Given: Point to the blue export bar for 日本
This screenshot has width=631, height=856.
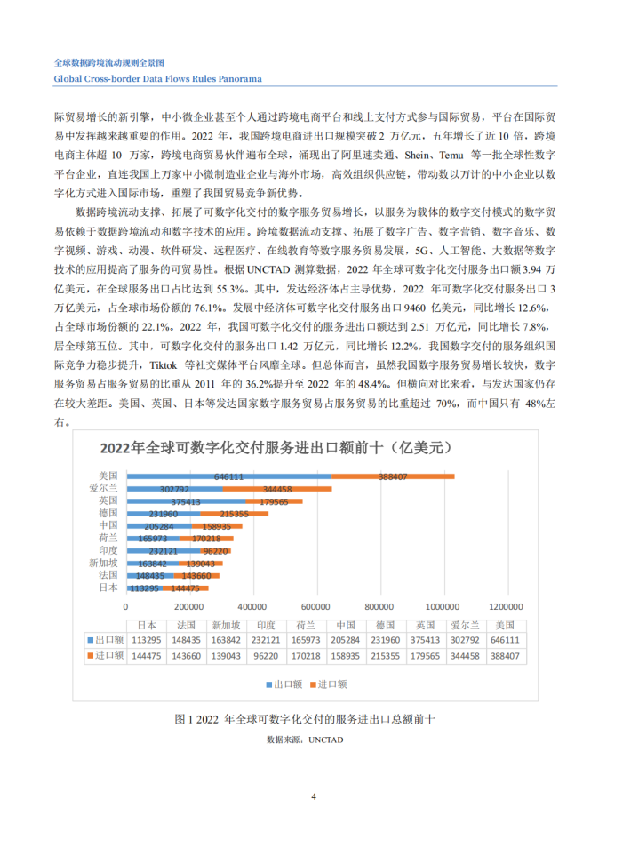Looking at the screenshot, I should click(x=143, y=588).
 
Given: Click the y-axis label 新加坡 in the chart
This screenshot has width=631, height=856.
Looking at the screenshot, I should click(x=103, y=563).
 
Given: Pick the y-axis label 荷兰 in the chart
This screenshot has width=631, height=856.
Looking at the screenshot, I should click(x=108, y=538).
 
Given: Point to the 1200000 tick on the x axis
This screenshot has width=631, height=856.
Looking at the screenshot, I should click(x=508, y=607).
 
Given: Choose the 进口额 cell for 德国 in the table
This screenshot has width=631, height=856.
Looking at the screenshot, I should click(x=386, y=656).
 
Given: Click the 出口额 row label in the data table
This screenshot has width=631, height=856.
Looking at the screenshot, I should click(x=108, y=639).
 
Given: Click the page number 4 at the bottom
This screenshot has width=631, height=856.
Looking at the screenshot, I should click(x=314, y=796).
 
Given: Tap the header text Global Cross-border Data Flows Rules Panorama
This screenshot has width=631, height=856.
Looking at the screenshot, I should click(x=157, y=78).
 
